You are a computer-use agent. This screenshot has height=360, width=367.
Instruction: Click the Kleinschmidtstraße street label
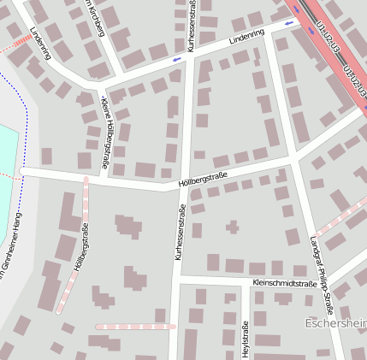[x=285, y=282]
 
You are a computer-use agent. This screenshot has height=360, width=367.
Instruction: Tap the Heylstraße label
[x=246, y=339]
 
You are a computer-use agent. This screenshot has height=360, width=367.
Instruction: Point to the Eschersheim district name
[x=335, y=323]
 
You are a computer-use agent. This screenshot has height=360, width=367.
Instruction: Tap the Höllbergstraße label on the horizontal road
[x=203, y=178]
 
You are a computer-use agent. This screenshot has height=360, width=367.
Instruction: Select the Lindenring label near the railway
[x=247, y=38]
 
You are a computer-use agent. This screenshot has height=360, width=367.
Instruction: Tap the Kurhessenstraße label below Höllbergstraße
[x=180, y=233]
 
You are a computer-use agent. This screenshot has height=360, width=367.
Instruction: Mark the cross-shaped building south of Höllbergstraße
[x=232, y=227]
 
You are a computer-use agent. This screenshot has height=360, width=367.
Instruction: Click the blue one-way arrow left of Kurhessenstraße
[x=175, y=60]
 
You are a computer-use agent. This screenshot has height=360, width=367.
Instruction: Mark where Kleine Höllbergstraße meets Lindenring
[x=99, y=85]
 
